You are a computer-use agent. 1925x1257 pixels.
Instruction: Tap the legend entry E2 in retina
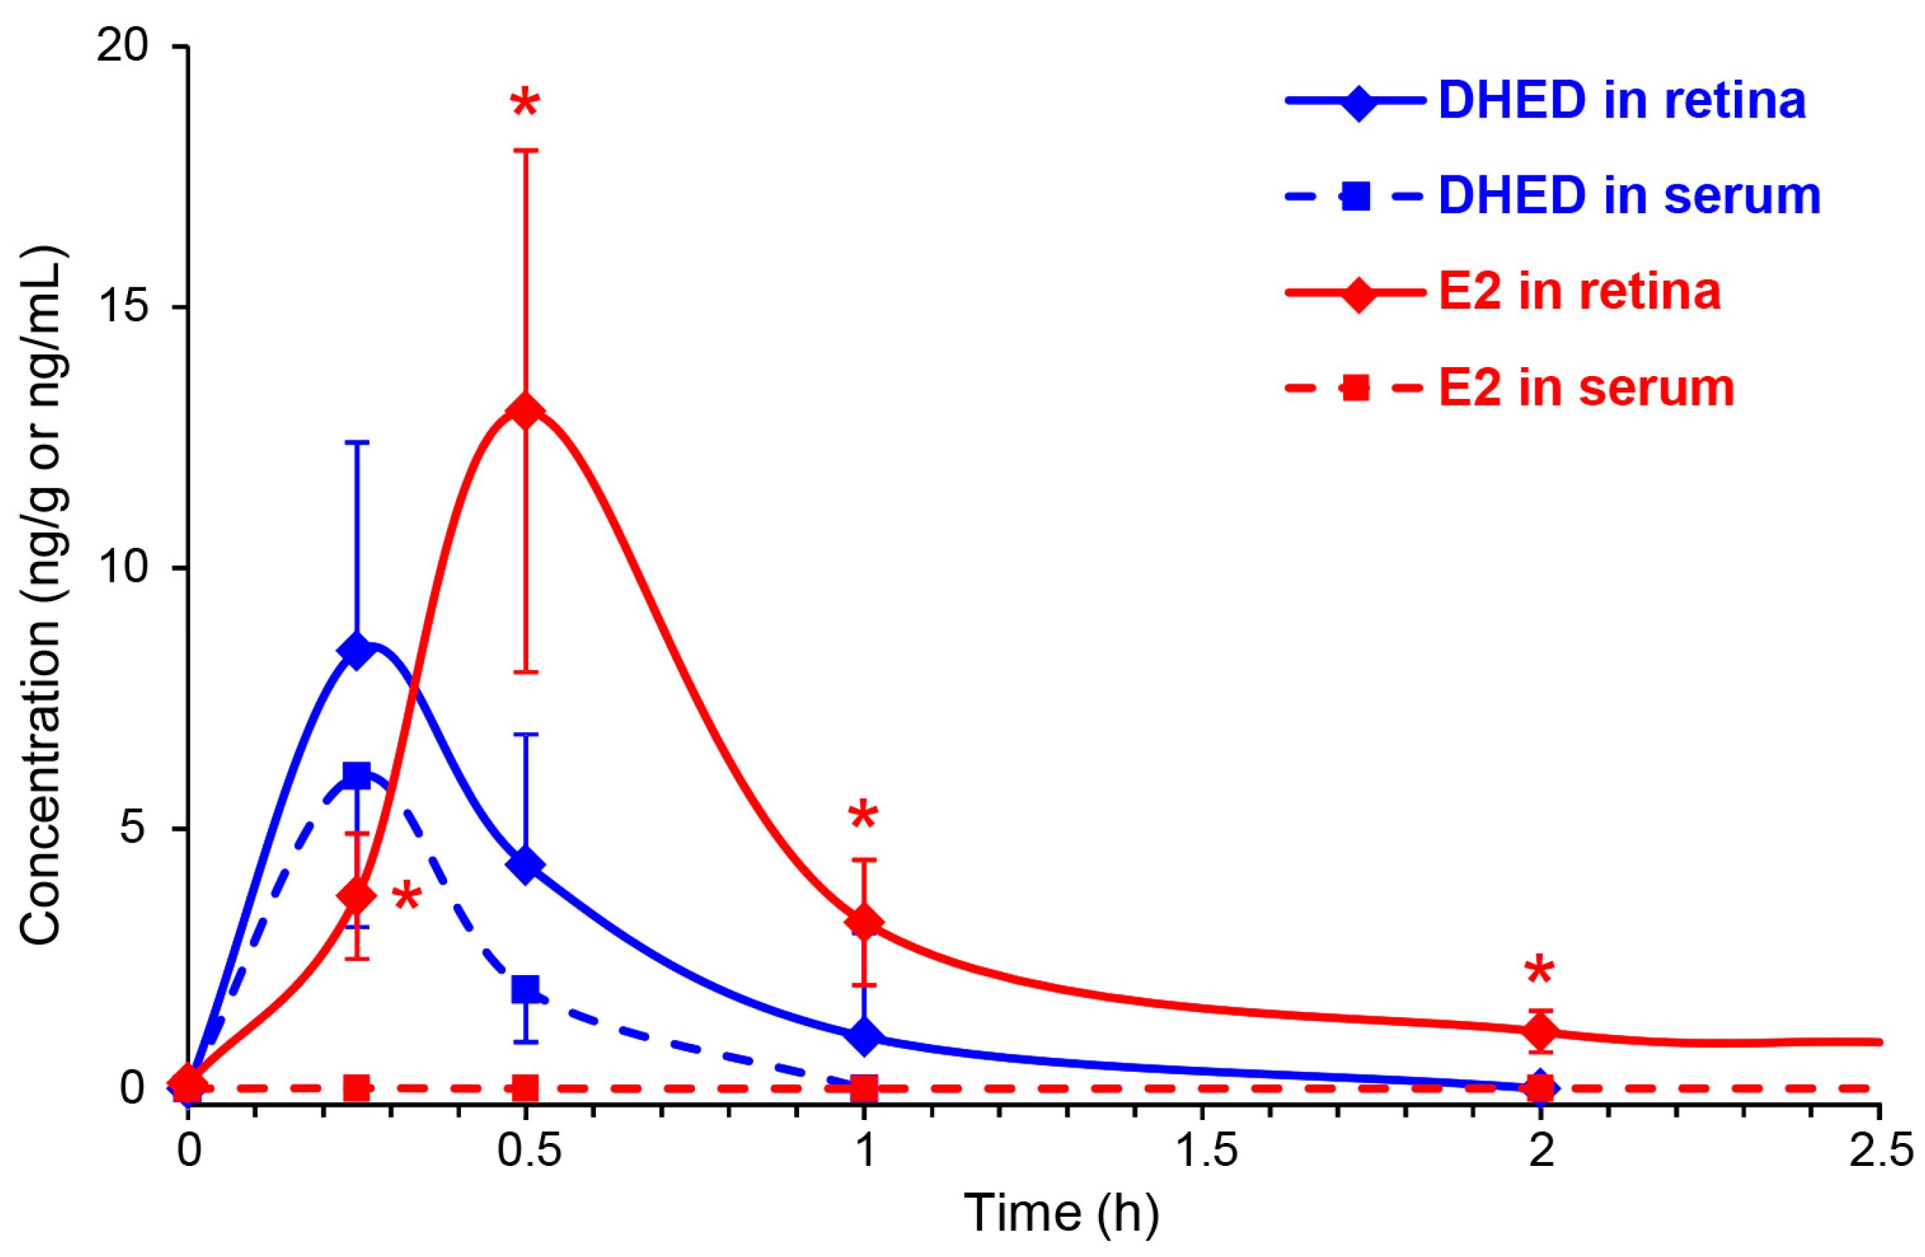(x=1579, y=291)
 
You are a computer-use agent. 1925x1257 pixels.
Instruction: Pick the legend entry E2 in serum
(x=1586, y=388)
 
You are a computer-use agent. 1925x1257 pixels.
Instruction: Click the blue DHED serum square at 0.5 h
(x=525, y=989)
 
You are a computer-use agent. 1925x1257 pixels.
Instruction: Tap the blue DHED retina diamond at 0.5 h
(x=525, y=865)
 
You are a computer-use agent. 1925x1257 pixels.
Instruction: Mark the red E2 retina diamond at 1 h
(x=864, y=922)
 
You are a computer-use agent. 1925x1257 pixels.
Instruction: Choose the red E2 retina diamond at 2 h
(x=1541, y=1031)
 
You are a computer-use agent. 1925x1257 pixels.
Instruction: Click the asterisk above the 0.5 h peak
(x=525, y=105)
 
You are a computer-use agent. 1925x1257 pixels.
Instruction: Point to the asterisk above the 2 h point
(x=1539, y=971)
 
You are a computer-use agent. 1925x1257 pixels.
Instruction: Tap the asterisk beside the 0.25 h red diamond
(x=406, y=898)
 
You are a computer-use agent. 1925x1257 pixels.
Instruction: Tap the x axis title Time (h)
(x=1061, y=1213)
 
